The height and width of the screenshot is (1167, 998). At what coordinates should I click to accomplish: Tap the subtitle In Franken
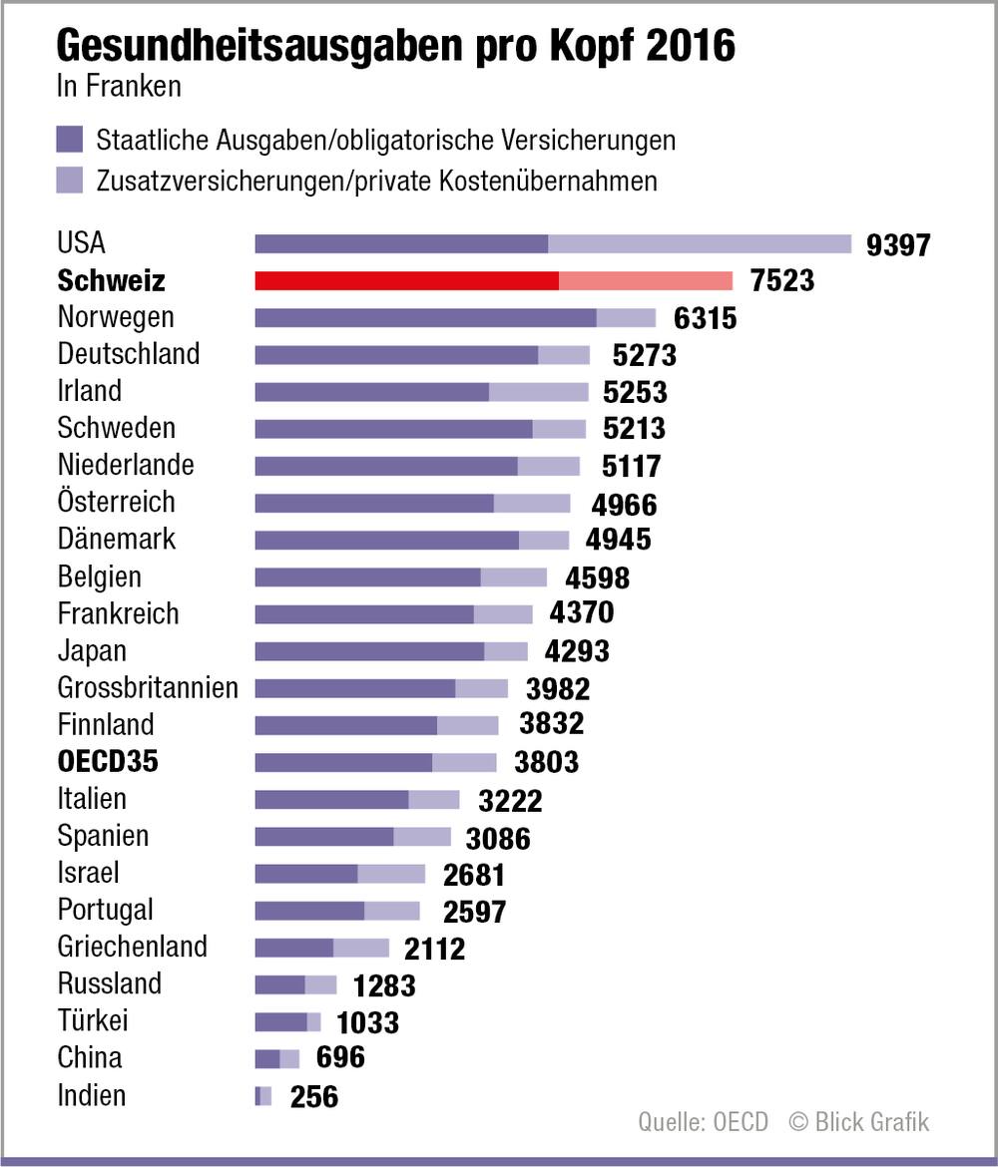(119, 87)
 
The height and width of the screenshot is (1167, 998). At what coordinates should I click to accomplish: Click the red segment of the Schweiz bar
(406, 281)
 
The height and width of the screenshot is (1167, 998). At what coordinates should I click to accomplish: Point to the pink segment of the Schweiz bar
(646, 281)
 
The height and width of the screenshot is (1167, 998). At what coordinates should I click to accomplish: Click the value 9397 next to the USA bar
(898, 244)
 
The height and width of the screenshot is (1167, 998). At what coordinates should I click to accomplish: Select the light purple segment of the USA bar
(700, 244)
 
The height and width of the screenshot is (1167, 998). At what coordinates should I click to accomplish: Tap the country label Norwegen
(116, 317)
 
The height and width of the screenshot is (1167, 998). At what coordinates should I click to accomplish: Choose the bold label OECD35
(108, 762)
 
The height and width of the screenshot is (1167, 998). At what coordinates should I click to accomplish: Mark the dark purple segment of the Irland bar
(371, 392)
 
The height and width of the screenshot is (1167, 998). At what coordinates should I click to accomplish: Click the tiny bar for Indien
(263, 1096)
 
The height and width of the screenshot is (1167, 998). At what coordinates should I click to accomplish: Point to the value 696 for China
(340, 1058)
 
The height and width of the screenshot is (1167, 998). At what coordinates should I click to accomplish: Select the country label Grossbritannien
(148, 687)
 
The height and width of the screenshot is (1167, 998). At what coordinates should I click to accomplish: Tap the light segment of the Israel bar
(391, 874)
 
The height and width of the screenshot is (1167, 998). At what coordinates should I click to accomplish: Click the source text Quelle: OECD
(704, 1122)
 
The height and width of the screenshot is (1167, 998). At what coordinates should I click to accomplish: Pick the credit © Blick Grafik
(858, 1122)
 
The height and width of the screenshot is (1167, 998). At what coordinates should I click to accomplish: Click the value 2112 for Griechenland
(434, 949)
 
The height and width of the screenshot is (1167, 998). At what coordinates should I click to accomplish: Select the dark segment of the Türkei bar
(280, 1022)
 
